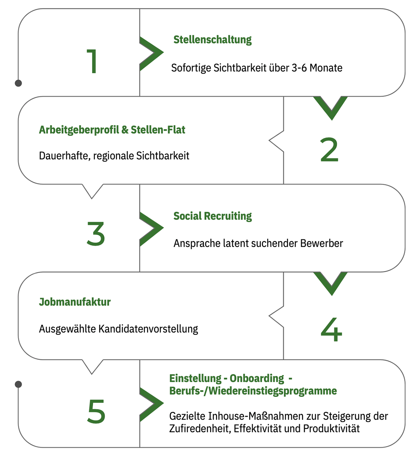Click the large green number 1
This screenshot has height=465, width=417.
pyautogui.click(x=92, y=61)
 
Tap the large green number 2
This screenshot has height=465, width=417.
pyautogui.click(x=329, y=150)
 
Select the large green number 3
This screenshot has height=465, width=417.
pyautogui.click(x=96, y=234)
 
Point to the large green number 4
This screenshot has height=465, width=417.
pyautogui.click(x=331, y=329)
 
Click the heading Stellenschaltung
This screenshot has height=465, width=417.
pyautogui.click(x=212, y=40)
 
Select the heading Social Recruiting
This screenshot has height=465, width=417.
pyautogui.click(x=212, y=216)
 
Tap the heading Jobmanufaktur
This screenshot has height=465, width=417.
pyautogui.click(x=75, y=302)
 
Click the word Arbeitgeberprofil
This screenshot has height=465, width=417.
pyautogui.click(x=79, y=130)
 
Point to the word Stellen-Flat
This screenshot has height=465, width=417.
pyautogui.click(x=158, y=130)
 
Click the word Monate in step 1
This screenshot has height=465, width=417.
pyautogui.click(x=326, y=68)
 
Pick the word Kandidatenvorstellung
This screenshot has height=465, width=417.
pyautogui.click(x=148, y=329)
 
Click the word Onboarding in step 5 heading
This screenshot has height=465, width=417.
pyautogui.click(x=257, y=379)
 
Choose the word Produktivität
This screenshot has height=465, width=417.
pyautogui.click(x=331, y=428)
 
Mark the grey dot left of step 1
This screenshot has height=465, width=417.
pyautogui.click(x=18, y=83)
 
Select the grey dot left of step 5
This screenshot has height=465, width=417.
pyautogui.click(x=18, y=384)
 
